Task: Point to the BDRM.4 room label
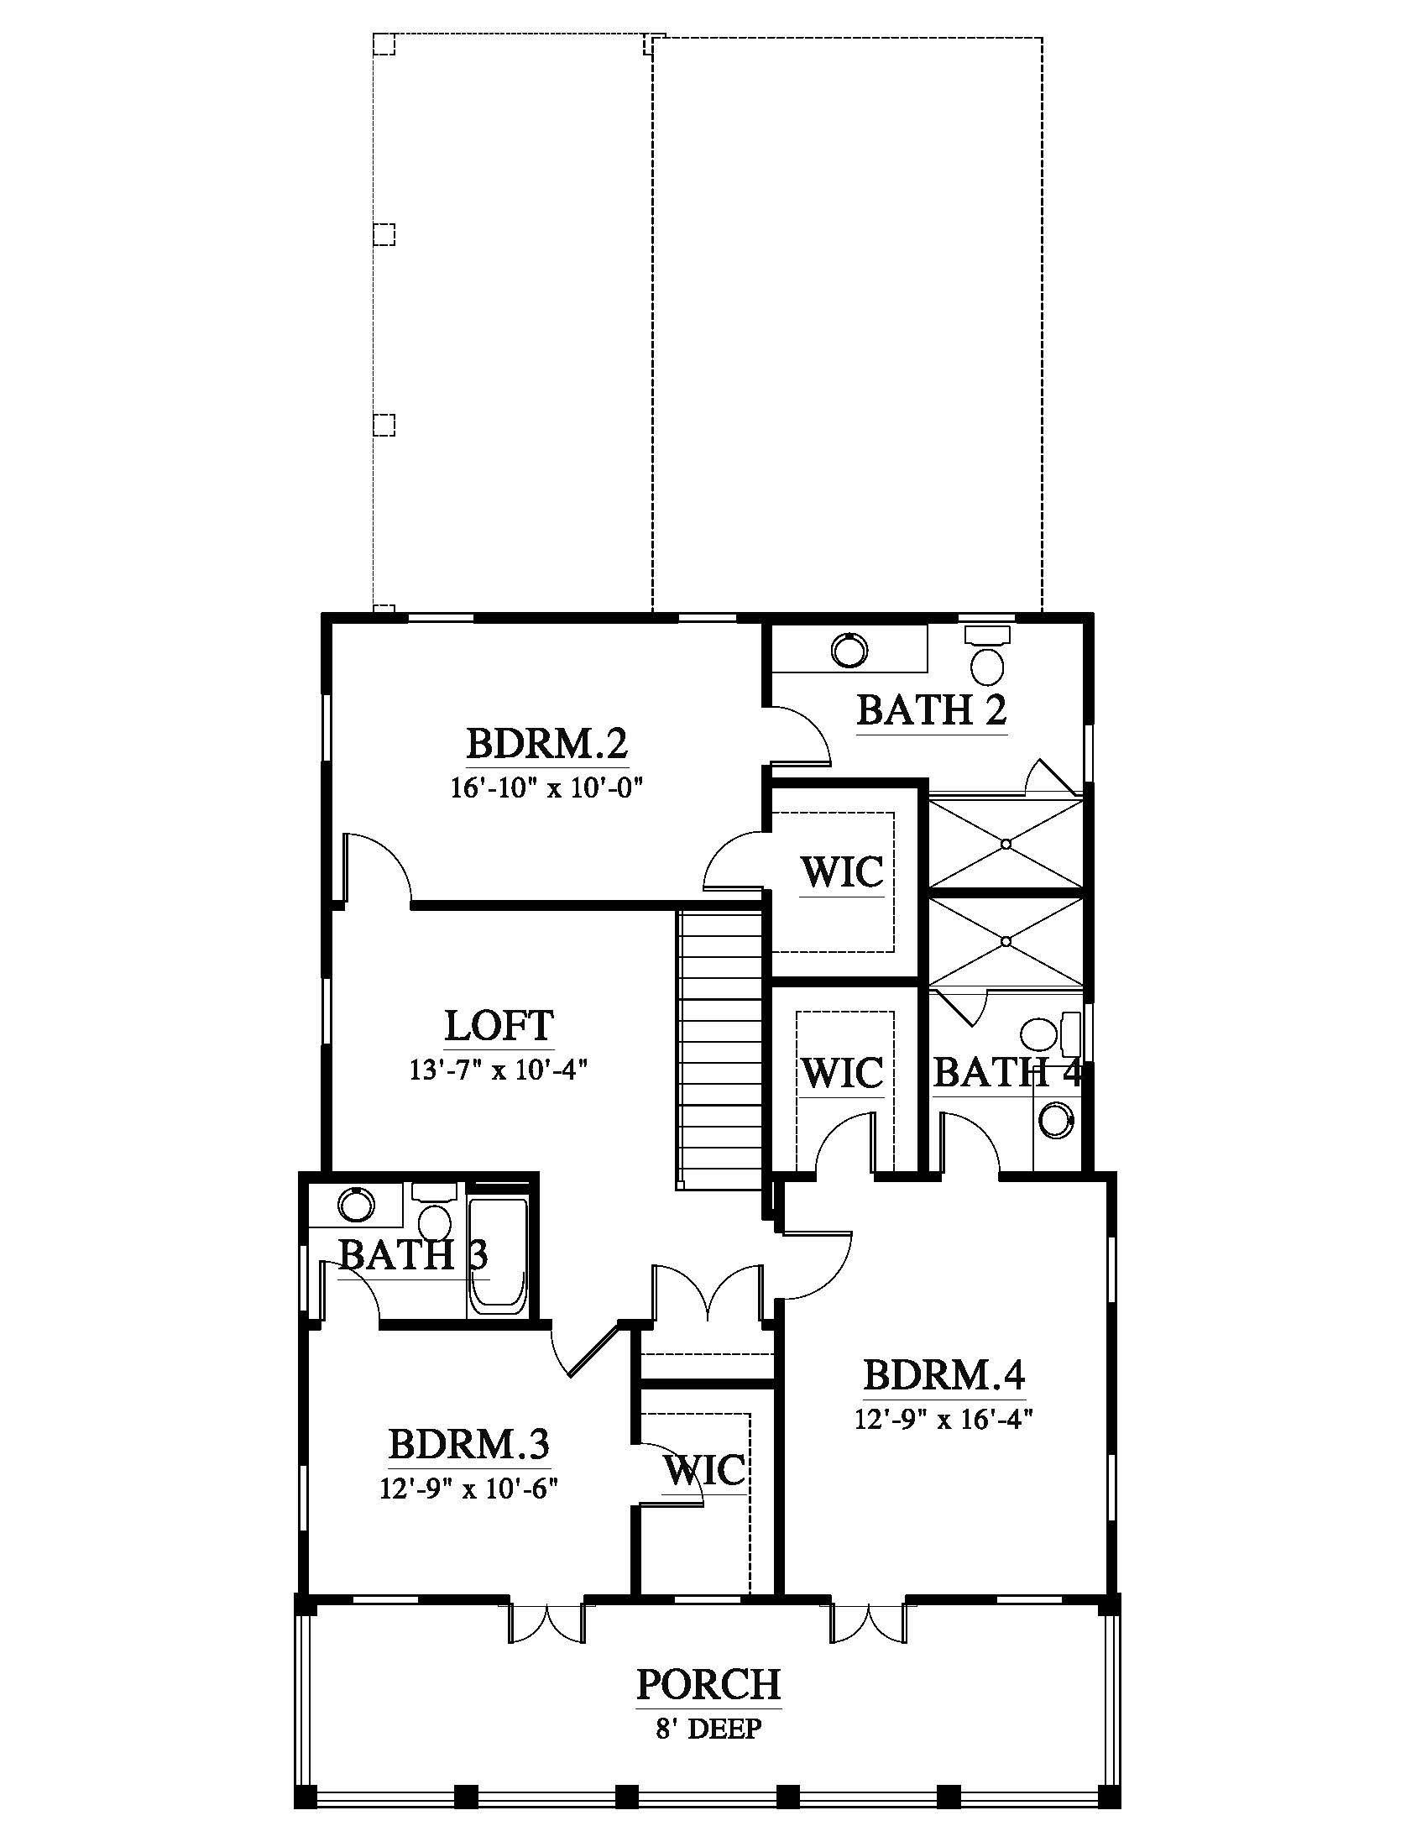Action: (943, 1374)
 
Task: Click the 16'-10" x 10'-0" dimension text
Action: (547, 788)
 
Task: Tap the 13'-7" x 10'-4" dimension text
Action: (499, 1070)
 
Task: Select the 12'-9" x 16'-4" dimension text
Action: (944, 1418)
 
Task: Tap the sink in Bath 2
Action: (849, 650)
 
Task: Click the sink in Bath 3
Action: (355, 1203)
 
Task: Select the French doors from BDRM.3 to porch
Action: (546, 1619)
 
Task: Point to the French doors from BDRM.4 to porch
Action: (868, 1619)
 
